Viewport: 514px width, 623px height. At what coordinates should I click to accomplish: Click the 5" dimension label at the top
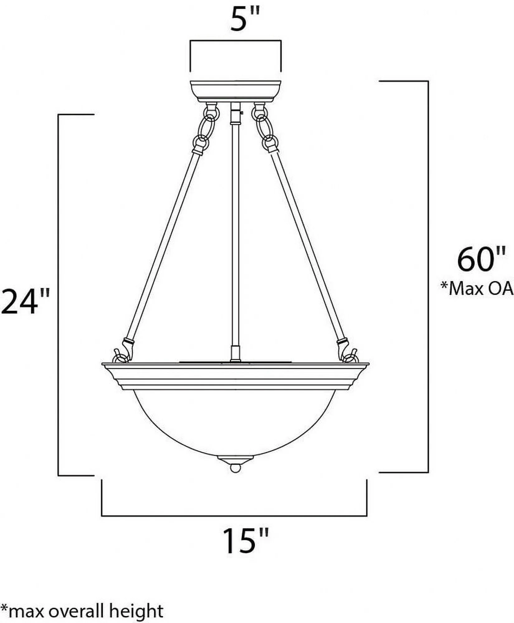coord(245,20)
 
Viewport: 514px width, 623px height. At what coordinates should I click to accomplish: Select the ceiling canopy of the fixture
coord(236,91)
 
